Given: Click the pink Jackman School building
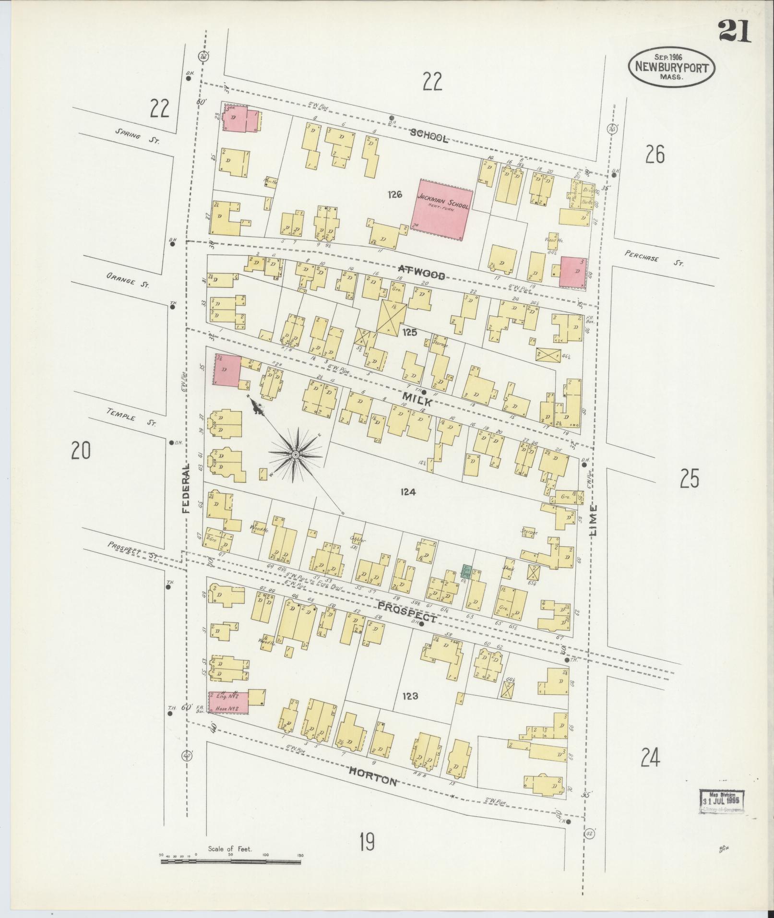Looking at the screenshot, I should click(x=442, y=210).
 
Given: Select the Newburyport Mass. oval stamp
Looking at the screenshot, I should click(x=671, y=68).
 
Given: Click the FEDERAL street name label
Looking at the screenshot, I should click(x=186, y=488).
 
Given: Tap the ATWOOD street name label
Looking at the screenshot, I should click(x=421, y=274).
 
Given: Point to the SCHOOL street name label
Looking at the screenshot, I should click(x=429, y=137).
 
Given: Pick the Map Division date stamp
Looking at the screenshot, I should click(x=719, y=800).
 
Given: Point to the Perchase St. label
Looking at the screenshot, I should click(x=654, y=258).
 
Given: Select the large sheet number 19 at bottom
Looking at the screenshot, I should click(x=367, y=842).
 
